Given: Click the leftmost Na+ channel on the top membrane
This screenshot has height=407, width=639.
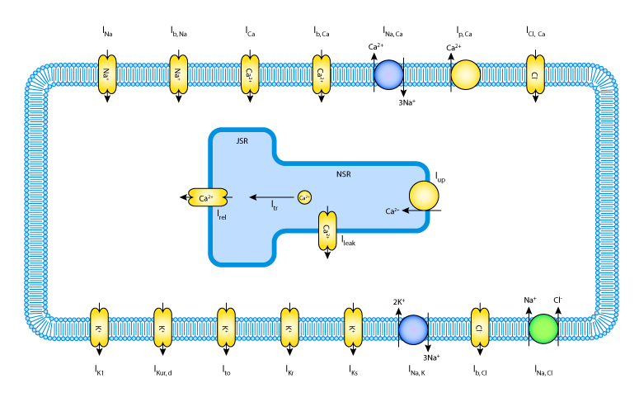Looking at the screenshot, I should pyautogui.click(x=107, y=74).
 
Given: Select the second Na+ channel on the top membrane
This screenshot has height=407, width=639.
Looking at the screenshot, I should pyautogui.click(x=178, y=74).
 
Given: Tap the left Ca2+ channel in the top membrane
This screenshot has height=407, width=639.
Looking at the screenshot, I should pyautogui.click(x=250, y=74).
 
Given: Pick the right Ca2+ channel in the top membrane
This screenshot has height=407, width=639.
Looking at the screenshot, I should pyautogui.click(x=322, y=74).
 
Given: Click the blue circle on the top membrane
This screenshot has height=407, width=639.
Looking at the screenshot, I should pyautogui.click(x=388, y=74).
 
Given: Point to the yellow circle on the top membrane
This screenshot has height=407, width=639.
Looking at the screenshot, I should pyautogui.click(x=466, y=74).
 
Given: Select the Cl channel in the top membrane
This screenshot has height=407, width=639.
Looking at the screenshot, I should pyautogui.click(x=535, y=74).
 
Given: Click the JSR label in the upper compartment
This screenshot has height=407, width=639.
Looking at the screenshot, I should pyautogui.click(x=242, y=141).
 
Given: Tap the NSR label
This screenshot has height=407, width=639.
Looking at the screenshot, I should pyautogui.click(x=343, y=174).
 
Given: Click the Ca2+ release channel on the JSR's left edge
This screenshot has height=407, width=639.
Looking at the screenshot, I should pyautogui.click(x=208, y=197).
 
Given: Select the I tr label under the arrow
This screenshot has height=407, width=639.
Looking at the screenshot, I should pyautogui.click(x=275, y=206).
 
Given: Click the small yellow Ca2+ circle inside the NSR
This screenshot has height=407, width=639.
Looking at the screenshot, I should pyautogui.click(x=304, y=197).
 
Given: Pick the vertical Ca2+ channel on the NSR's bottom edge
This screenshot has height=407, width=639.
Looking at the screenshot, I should pyautogui.click(x=327, y=230).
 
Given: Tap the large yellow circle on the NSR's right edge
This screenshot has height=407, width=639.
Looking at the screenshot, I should pyautogui.click(x=424, y=196).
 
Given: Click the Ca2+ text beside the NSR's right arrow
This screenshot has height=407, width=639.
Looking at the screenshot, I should pyautogui.click(x=392, y=211).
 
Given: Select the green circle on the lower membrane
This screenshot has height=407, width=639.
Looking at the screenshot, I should pyautogui.click(x=543, y=329).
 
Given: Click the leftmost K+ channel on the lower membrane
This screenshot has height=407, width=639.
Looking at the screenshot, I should pyautogui.click(x=99, y=328).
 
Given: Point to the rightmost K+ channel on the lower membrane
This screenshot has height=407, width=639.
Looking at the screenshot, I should pyautogui.click(x=353, y=328).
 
